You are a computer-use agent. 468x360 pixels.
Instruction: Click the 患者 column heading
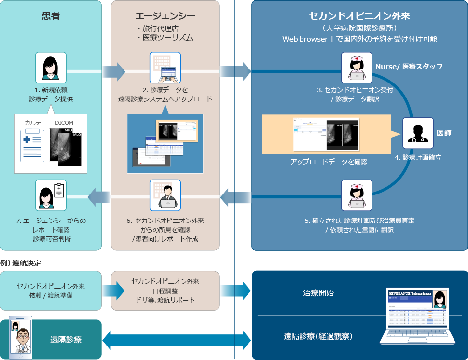pyautogui.click(x=51, y=15)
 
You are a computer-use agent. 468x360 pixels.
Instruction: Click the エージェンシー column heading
pyautogui.click(x=165, y=15)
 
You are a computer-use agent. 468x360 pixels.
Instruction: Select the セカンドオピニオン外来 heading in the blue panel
pyautogui.click(x=359, y=15)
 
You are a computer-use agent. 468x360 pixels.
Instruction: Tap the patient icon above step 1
pyautogui.click(x=51, y=68)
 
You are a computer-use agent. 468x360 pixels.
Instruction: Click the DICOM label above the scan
pyautogui.click(x=64, y=123)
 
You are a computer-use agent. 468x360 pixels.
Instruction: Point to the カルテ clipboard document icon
pyautogui.click(x=31, y=148)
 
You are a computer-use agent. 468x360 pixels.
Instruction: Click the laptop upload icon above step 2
pyautogui.click(x=165, y=68)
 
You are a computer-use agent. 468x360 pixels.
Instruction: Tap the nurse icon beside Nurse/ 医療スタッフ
pyautogui.click(x=357, y=68)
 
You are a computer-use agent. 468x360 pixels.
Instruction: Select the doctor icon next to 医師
pyautogui.click(x=418, y=133)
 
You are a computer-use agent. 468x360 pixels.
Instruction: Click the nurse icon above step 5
pyautogui.click(x=357, y=195)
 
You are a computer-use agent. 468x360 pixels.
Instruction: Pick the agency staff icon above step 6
pyautogui.click(x=165, y=195)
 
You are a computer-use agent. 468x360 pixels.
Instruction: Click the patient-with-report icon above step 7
pyautogui.click(x=51, y=195)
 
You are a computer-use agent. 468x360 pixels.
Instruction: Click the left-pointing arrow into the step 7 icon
pyautogui.click(x=99, y=196)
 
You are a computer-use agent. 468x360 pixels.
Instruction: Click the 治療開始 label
pyautogui.click(x=318, y=293)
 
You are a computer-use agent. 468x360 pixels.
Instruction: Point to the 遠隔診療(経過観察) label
pyautogui.click(x=318, y=336)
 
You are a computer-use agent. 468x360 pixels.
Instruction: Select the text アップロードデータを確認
pyautogui.click(x=329, y=162)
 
